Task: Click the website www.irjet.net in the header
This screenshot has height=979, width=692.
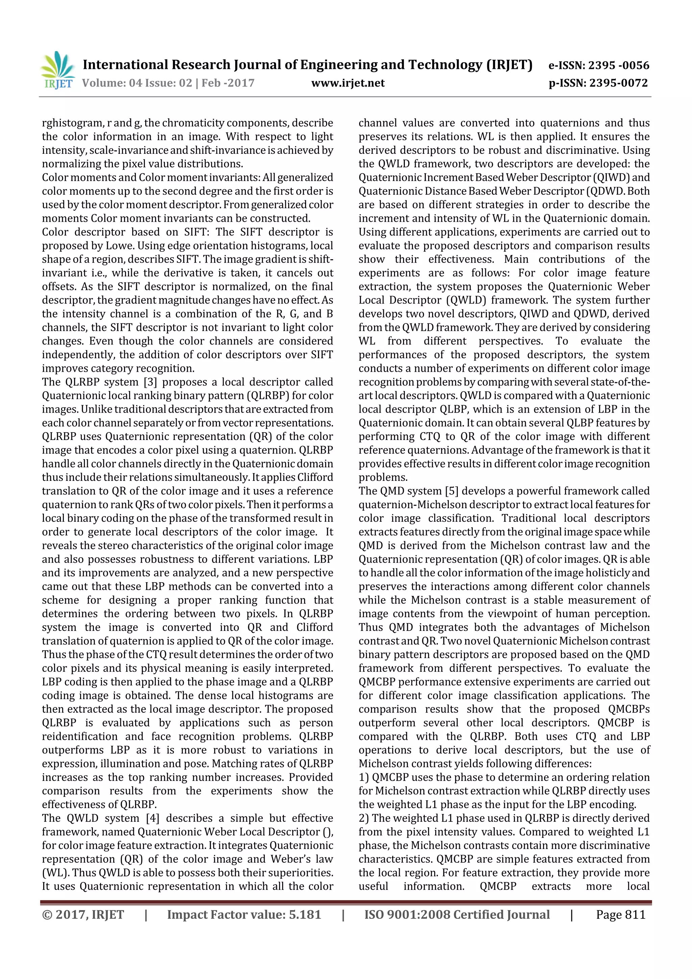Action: coord(348,83)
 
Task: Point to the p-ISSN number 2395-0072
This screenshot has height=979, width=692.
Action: coord(618,83)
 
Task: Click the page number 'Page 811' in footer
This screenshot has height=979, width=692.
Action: coord(620,914)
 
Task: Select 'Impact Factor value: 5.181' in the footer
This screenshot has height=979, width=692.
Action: coord(244,914)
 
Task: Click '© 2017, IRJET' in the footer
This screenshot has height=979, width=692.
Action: coord(83,914)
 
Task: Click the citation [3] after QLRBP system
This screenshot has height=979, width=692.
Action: coord(150,382)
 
